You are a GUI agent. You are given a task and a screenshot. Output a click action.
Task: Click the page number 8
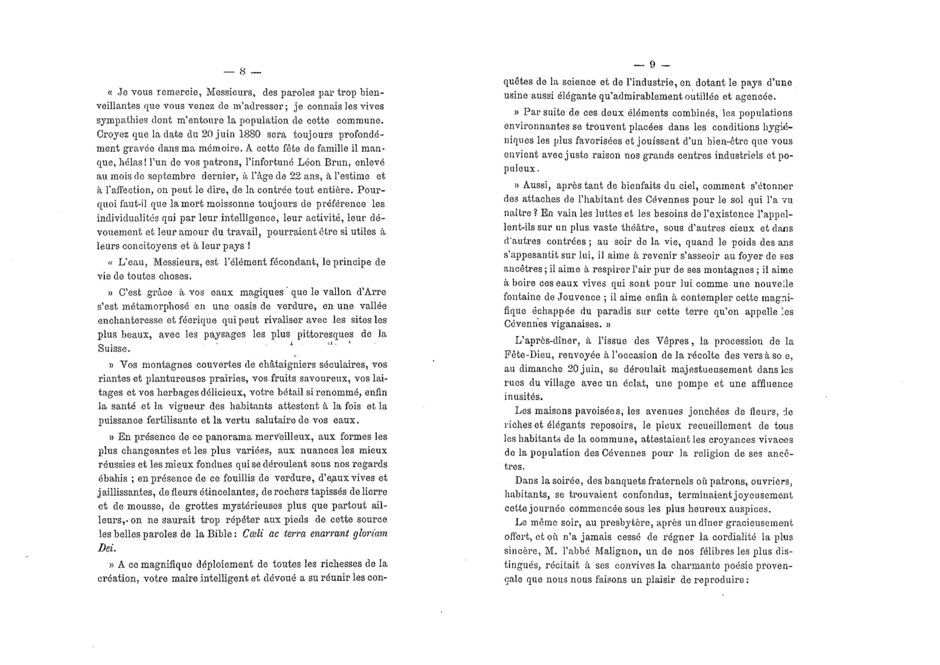click(242, 72)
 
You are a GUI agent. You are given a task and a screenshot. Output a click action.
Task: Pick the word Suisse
click(114, 349)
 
